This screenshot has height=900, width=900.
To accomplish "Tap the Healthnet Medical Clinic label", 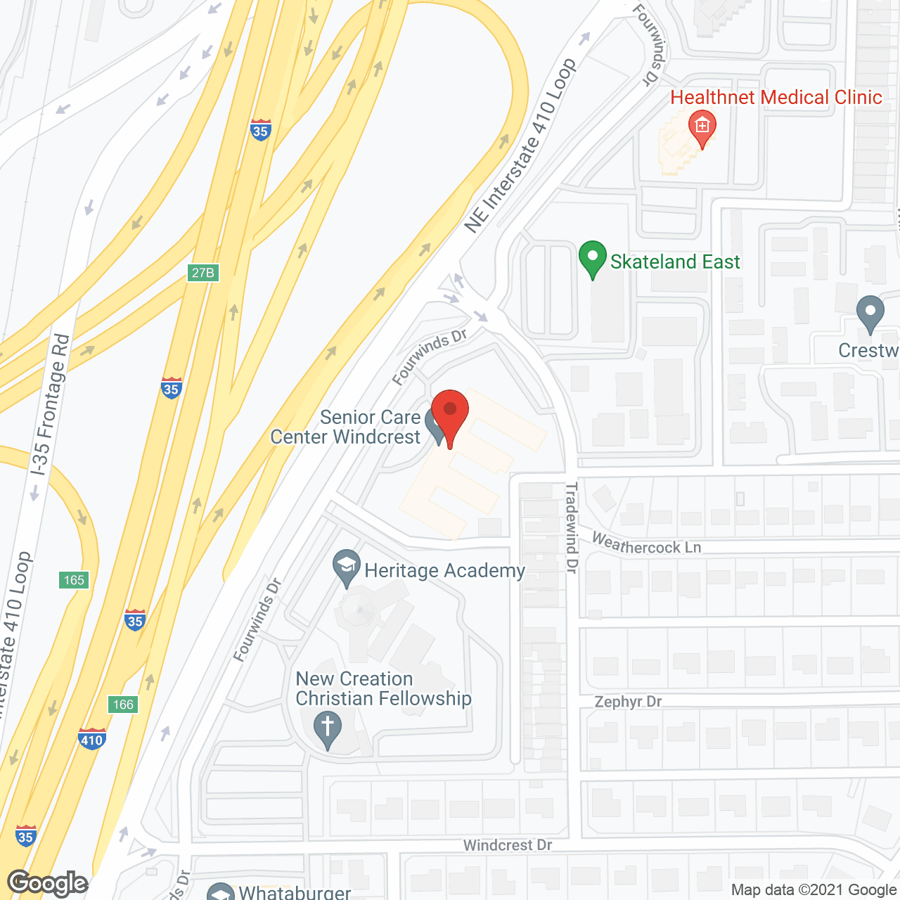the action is click(x=776, y=97).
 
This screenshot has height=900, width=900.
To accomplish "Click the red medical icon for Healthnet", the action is click(x=702, y=127).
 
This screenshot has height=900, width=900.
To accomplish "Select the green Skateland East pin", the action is click(x=593, y=257).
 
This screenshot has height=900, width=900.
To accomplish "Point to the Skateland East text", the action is click(x=675, y=262).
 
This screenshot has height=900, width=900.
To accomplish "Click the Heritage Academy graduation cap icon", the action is click(x=346, y=567).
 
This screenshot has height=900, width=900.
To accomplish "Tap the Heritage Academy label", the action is click(x=444, y=570).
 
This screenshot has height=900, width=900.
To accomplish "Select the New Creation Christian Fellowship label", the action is click(x=383, y=688).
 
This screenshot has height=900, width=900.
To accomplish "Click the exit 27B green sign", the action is click(x=203, y=273).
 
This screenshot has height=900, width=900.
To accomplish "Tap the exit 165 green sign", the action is click(x=74, y=580).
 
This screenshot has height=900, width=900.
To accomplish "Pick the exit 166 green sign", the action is click(x=123, y=705).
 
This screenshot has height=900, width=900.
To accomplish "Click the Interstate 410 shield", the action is click(x=92, y=739).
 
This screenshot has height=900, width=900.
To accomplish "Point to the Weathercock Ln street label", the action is click(x=646, y=544).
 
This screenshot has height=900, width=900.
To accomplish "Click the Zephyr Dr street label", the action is click(x=628, y=702).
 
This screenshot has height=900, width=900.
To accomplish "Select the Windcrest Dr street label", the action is click(x=507, y=845).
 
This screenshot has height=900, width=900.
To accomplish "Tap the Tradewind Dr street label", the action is click(x=572, y=527).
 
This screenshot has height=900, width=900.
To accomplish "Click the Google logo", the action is click(x=48, y=883).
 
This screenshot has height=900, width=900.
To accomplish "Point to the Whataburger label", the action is click(x=295, y=892).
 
